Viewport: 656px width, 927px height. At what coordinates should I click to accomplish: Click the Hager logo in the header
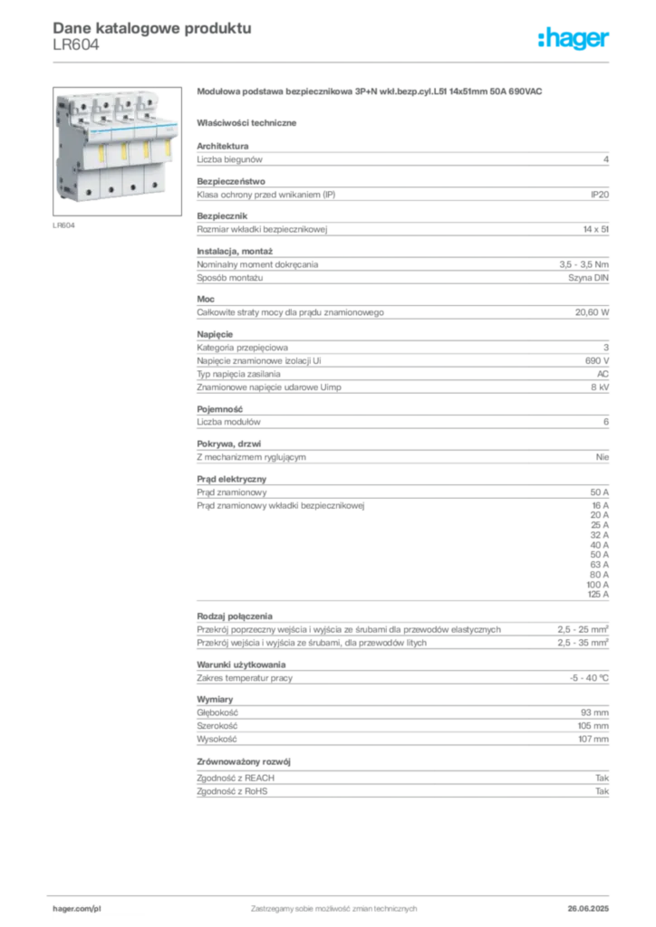574,39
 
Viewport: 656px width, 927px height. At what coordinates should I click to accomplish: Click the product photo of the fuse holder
117,151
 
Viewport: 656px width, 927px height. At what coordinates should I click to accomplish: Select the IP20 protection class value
599,195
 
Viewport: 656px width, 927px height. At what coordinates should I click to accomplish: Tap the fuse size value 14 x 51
595,229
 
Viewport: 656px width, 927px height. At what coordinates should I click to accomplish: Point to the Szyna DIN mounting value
588,278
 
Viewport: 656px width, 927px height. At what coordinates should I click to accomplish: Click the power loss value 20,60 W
592,312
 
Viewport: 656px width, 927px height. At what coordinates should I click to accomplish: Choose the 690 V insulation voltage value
597,360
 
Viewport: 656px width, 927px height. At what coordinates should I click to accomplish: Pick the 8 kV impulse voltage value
600,387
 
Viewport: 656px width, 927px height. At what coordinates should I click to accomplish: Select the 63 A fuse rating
599,565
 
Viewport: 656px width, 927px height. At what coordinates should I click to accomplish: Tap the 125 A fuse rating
598,594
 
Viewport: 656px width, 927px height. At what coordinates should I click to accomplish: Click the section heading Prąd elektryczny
231,479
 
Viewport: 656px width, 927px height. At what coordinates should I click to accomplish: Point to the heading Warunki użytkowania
241,664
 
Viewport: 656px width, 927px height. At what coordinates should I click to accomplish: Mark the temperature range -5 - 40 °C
589,678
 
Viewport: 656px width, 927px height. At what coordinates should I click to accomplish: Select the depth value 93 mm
594,713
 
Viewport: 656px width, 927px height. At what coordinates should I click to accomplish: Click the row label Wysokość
217,739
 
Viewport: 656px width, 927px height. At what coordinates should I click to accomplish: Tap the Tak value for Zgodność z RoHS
603,791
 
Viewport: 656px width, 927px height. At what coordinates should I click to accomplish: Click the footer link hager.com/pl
77,909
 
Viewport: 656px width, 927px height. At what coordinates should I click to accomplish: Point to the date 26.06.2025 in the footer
588,909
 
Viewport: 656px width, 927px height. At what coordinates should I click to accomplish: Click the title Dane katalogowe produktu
152,28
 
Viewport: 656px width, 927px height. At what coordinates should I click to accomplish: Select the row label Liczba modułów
228,422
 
